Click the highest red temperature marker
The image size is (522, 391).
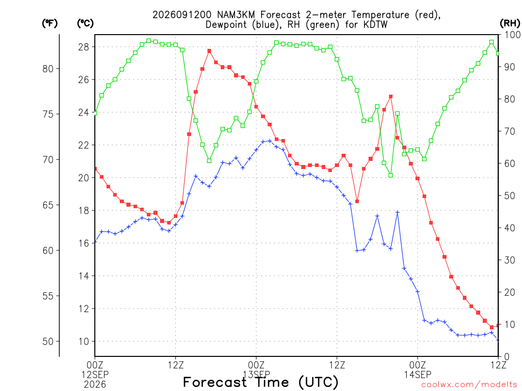click(210, 51)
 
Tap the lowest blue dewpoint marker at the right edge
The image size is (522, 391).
click(498, 340)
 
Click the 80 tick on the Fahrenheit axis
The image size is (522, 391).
click(48, 69)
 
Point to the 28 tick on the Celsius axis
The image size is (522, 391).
click(84, 47)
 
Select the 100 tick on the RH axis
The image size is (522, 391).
click(512, 35)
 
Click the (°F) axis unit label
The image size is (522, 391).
click(49, 23)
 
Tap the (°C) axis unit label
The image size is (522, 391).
click(85, 23)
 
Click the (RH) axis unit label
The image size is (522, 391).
click(510, 23)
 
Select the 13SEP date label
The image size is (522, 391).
click(256, 374)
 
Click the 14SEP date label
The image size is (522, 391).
click(417, 374)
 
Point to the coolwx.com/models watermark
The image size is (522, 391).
click(469, 385)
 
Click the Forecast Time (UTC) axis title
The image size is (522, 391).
click(260, 382)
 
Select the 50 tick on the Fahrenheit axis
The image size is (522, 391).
click(48, 342)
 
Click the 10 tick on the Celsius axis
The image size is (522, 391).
click(84, 342)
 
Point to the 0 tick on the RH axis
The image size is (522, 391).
click(507, 357)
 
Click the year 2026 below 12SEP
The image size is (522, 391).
click(95, 384)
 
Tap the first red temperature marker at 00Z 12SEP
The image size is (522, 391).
click(95, 169)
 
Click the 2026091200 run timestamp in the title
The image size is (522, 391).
click(182, 15)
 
